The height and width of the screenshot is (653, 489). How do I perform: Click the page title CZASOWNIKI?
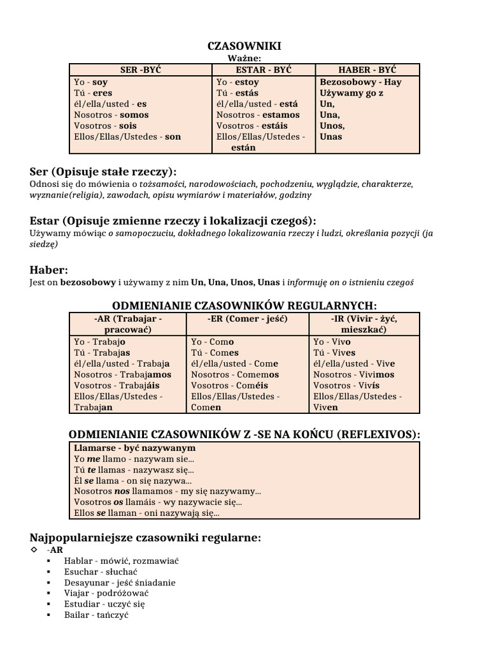click(244, 46)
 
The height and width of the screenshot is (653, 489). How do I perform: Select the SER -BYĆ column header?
click(140, 70)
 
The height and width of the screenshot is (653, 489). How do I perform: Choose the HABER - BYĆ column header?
click(367, 70)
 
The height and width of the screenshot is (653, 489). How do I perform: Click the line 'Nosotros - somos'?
click(111, 115)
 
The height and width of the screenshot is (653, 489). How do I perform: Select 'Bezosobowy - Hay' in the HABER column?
click(360, 82)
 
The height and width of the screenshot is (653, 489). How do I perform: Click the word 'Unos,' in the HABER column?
click(332, 126)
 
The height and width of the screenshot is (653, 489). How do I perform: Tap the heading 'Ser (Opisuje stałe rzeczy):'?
click(103, 172)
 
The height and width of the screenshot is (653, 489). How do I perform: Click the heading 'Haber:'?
click(49, 270)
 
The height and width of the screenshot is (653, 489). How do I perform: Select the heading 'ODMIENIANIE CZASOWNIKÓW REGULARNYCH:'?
click(244, 305)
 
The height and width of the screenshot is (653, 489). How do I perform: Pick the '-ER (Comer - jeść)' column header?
click(248, 319)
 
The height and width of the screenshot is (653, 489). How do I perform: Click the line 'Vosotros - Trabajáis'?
click(117, 385)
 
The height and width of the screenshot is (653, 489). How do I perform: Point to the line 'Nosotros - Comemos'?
click(235, 374)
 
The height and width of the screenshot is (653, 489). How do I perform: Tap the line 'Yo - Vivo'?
click(332, 342)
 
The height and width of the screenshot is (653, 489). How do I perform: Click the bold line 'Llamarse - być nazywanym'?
click(134, 448)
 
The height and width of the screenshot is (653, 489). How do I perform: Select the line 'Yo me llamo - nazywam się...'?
click(134, 459)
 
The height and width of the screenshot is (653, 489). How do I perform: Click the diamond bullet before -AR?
click(34, 549)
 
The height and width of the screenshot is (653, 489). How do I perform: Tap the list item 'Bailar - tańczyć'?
click(96, 615)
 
